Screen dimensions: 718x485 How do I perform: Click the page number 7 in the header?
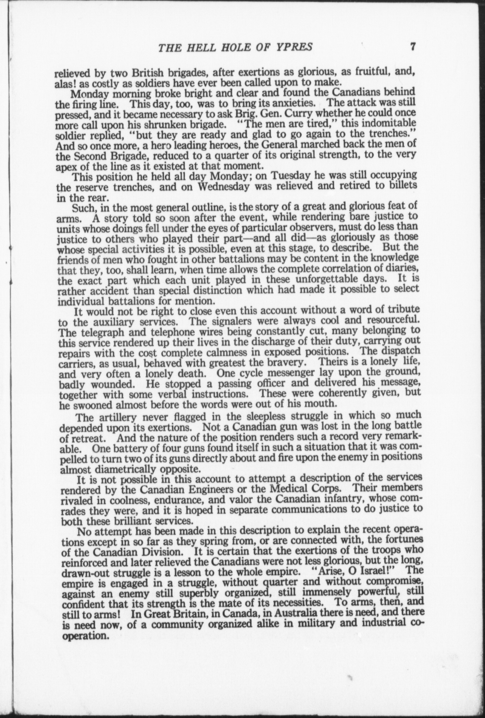(413, 46)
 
